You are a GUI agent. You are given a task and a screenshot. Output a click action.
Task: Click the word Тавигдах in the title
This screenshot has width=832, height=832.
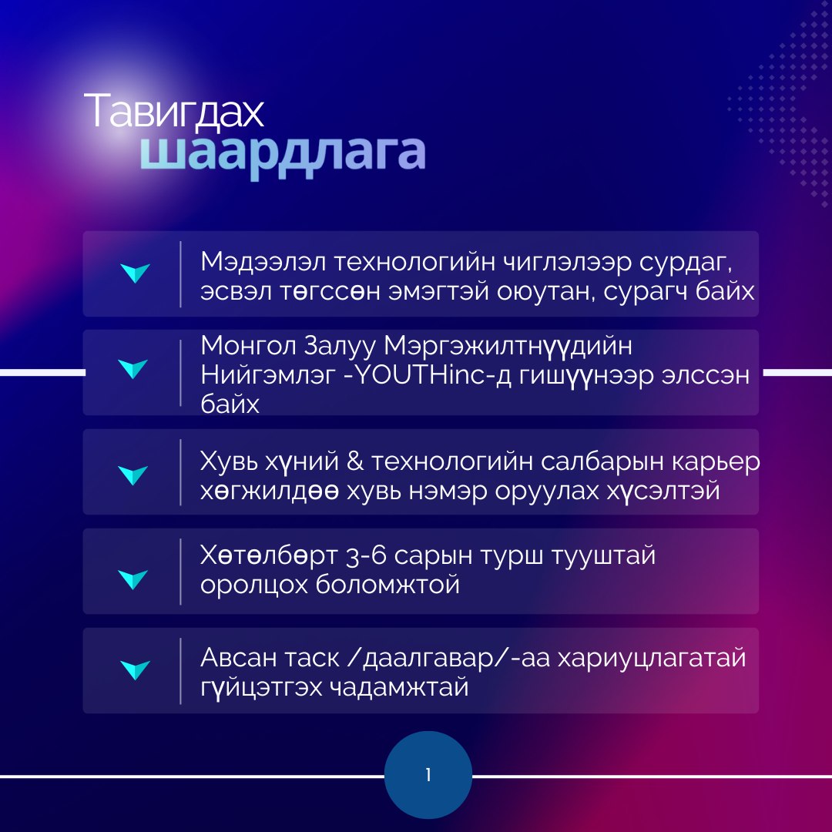click(173, 112)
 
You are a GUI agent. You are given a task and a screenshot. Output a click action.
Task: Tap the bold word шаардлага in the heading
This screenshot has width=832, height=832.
click(282, 153)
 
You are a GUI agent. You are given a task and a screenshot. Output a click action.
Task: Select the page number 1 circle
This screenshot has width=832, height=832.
click(428, 775)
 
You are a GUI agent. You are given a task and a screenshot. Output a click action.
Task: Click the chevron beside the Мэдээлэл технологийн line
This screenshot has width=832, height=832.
click(135, 273)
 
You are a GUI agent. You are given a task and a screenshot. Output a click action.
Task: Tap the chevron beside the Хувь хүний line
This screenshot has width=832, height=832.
click(133, 475)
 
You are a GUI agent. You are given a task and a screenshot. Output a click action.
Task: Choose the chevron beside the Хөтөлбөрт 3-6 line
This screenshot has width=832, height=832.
click(133, 579)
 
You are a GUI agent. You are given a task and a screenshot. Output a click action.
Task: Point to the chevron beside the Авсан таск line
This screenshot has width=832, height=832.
click(135, 669)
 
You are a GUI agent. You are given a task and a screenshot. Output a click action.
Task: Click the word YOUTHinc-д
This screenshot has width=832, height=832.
click(429, 375)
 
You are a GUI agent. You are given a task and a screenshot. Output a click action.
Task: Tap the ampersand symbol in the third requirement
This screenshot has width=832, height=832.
click(355, 461)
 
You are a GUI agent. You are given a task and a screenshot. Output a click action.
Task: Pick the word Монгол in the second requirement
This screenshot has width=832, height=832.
click(248, 346)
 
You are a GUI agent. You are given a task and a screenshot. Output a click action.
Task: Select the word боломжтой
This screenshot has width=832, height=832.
click(387, 585)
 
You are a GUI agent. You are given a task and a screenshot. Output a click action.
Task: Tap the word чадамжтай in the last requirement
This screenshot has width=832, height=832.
click(400, 688)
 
